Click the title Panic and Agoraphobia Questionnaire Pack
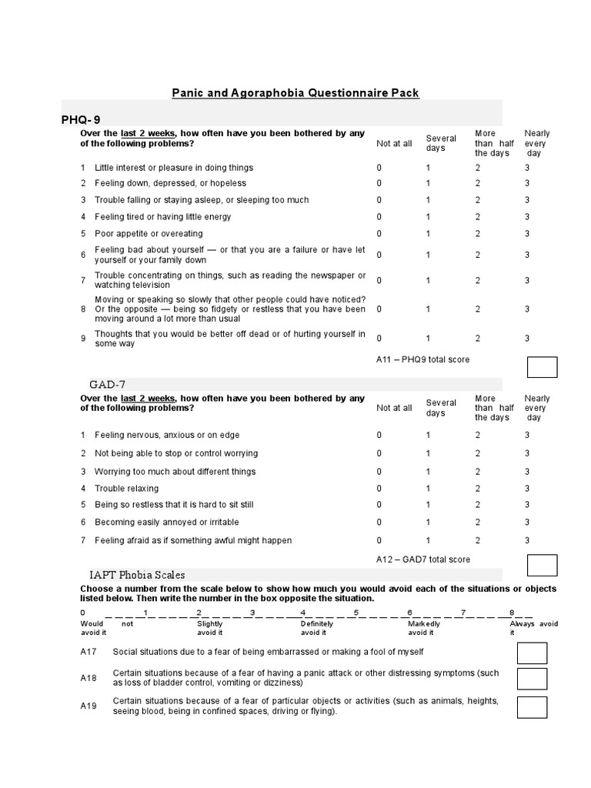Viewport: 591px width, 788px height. [295, 93]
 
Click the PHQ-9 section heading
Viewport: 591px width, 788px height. [81, 119]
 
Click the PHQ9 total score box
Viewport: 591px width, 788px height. [542, 367]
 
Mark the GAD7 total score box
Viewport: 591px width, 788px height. [542, 566]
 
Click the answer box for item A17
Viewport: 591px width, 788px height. [532, 653]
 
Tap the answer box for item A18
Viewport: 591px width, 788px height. [532, 679]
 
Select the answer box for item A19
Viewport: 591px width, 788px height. [532, 706]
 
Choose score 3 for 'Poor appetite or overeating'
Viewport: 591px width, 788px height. [527, 234]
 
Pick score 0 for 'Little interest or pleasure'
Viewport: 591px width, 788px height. [379, 168]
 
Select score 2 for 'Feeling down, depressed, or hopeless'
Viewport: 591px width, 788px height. [477, 183]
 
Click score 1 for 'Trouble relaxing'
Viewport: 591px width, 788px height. [429, 489]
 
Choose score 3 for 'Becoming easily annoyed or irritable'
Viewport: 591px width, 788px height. [527, 522]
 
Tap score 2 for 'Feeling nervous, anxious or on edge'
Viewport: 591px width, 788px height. [477, 435]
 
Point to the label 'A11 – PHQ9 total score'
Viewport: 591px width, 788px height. [422, 359]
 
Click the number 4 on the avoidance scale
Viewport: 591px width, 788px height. [303, 613]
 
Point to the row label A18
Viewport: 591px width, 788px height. [88, 678]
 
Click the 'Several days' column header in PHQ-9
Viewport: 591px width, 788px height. [441, 143]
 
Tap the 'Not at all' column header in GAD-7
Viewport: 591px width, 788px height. [394, 408]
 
